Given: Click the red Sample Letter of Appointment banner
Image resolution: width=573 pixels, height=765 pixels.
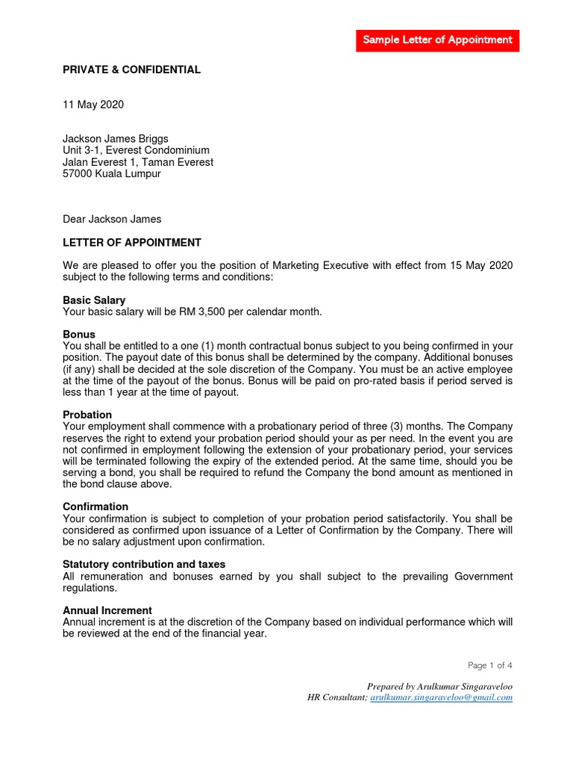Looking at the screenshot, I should click(437, 40).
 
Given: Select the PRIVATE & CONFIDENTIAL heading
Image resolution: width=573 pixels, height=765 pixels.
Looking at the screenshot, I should click(131, 69).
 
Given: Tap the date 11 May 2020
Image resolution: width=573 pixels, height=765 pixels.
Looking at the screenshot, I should click(93, 105).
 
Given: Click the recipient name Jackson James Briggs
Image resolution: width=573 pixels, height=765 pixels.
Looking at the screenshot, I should click(116, 139).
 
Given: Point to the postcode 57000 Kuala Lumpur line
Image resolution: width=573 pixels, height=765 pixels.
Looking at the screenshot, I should click(112, 173).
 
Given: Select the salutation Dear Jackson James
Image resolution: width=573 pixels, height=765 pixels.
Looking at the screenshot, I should click(112, 219).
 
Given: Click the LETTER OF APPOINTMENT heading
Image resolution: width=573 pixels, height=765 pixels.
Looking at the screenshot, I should click(132, 243).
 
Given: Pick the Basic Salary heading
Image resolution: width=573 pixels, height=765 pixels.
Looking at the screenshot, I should click(94, 300).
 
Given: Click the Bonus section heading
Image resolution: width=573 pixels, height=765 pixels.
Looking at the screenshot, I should click(79, 335).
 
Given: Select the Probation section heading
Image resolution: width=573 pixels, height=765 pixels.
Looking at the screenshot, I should click(87, 415).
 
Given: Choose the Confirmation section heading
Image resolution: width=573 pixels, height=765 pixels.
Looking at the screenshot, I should click(95, 507).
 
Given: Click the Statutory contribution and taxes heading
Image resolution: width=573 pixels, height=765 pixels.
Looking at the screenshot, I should click(144, 565).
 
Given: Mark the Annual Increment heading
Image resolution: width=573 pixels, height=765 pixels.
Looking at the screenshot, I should click(107, 610).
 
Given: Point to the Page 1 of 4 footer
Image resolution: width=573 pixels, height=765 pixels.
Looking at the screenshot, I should click(490, 665).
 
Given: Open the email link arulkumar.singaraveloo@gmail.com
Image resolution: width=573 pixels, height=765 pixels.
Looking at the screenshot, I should click(442, 697).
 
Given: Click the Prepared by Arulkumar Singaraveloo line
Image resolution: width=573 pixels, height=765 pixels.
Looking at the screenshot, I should click(439, 686).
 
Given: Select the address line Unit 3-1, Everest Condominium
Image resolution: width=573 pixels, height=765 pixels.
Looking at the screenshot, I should click(136, 150).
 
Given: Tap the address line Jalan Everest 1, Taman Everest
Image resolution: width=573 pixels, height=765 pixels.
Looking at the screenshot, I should click(138, 162).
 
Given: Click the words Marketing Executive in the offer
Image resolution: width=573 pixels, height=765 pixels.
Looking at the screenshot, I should click(322, 266).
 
